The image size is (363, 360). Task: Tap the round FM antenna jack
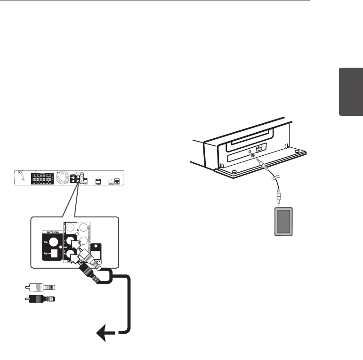53,242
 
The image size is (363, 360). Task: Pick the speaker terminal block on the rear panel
41,179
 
